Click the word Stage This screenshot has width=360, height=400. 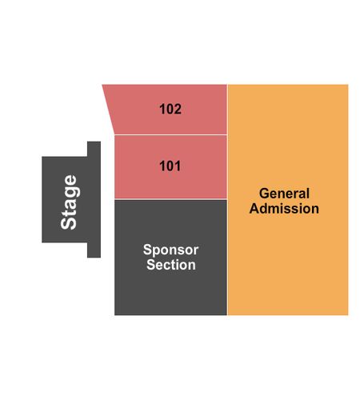coord(70,202)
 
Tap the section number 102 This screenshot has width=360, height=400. coord(170,109)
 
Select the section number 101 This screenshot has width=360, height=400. coord(170,166)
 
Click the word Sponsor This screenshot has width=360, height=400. coord(170,250)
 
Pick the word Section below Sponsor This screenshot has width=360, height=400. coord(171,265)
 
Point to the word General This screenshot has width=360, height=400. coord(284,194)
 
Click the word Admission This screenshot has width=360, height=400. coord(284,209)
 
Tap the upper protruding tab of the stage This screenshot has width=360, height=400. coord(94,149)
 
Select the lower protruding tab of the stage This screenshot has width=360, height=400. coord(94,250)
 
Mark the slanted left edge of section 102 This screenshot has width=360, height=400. coord(108,110)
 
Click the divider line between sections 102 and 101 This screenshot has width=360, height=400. coord(170,135)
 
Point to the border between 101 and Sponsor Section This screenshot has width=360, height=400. coord(170,199)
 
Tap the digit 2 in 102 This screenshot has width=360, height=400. coord(178,109)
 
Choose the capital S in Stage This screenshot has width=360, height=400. coord(69,223)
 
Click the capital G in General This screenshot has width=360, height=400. coord(264,194)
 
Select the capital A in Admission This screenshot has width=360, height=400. coord(254,209)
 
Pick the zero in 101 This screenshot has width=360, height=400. coord(170,166)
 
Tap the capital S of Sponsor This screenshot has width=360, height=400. coord(148,250)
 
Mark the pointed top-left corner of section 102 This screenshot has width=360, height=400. coord(102,85)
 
